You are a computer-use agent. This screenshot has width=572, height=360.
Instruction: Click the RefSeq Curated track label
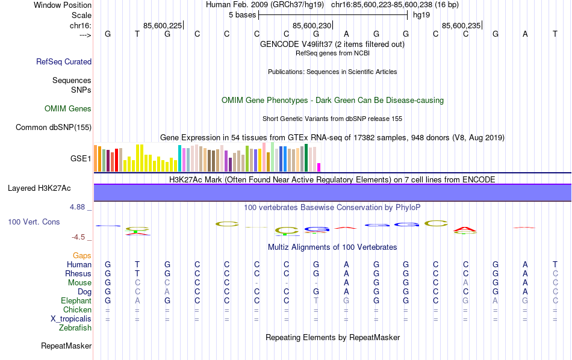(64, 61)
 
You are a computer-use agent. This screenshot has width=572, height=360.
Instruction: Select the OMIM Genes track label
(68, 109)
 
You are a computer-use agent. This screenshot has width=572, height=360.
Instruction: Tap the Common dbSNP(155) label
(54, 127)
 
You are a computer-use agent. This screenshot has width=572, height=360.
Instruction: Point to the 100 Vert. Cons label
(34, 222)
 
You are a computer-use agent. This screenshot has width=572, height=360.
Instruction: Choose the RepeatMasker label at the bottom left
(66, 346)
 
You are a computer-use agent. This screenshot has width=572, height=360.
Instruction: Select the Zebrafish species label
(75, 328)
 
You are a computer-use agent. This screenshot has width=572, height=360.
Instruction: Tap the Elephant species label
(76, 301)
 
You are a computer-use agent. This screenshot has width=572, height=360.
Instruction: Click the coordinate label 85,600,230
(312, 25)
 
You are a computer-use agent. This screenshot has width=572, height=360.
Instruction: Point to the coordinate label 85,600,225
(163, 25)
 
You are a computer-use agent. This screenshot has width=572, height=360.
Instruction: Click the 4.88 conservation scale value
(79, 207)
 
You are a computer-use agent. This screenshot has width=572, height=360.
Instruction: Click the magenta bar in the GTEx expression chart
(319, 167)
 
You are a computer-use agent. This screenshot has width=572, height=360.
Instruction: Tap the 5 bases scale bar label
(242, 15)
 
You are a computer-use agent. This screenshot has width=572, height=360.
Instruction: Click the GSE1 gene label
(81, 159)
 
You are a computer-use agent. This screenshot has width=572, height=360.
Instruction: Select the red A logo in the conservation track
(465, 229)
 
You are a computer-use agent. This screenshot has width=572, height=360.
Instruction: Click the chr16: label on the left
(81, 25)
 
